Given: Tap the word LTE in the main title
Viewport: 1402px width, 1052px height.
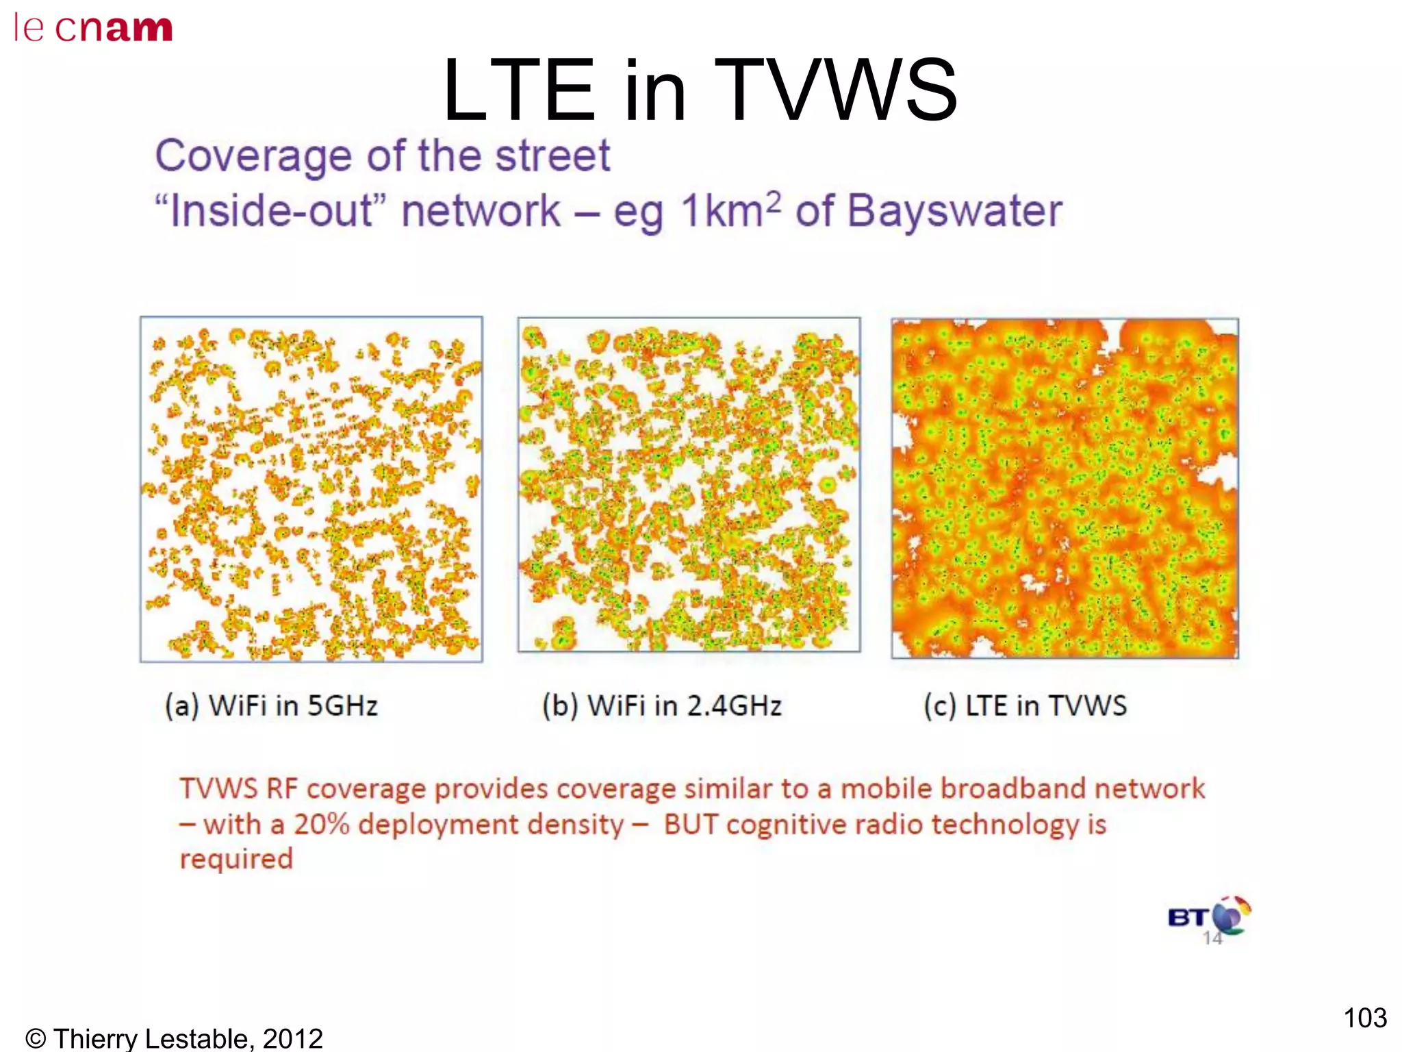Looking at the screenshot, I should pos(518,91).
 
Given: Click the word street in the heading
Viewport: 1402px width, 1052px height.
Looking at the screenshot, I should pos(552,156).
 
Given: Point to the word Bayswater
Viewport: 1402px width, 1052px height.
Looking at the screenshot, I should pos(954,211).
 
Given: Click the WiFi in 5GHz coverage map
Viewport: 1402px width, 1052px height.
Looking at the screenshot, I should pos(311,489).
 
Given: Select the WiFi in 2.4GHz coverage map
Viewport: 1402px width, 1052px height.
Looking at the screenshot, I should pos(689,485).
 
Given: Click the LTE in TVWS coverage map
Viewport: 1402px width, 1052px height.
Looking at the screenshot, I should pos(1065,488).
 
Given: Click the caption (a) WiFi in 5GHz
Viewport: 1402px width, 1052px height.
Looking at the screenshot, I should pos(271,705).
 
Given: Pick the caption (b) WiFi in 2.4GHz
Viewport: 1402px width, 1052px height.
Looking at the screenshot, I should pos(661,705).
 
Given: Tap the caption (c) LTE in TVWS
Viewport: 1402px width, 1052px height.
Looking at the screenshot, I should pos(1025,705).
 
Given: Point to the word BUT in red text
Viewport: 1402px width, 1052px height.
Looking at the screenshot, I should pos(691,825).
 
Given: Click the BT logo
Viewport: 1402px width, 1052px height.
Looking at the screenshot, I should pos(1209,916).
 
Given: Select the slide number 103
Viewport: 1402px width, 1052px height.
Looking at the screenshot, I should pos(1364,1018).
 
